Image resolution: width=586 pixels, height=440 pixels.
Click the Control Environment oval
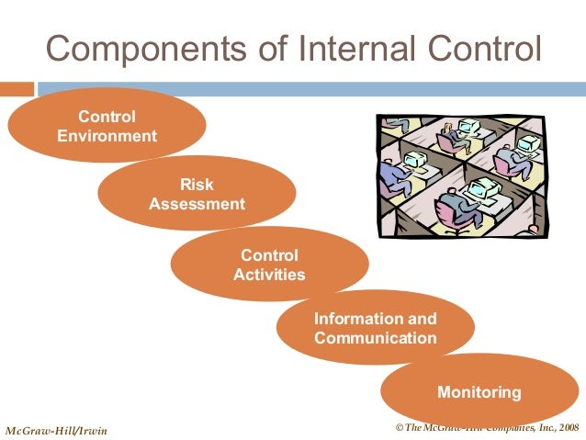click(107, 127)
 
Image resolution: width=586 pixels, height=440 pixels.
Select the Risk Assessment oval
click(197, 194)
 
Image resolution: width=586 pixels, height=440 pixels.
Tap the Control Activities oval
click(269, 265)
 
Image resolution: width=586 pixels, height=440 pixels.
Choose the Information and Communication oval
click(375, 328)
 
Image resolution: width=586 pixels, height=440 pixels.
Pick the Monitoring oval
click(479, 392)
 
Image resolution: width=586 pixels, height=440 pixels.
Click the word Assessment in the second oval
click(197, 204)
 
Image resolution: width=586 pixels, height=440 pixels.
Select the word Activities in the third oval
click(269, 275)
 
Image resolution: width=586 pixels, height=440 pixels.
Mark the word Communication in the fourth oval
click(375, 338)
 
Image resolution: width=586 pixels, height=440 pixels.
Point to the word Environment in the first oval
click(107, 137)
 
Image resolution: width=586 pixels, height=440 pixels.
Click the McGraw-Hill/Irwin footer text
click(56, 431)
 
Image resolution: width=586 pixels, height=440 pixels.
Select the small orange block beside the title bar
click(17, 89)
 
